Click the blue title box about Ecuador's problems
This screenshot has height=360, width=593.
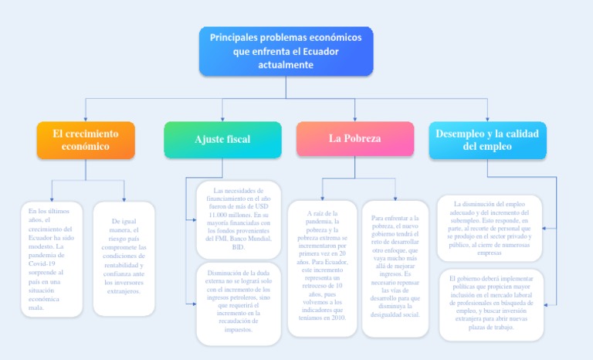(286, 51)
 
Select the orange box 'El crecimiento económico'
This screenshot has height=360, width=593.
(86, 140)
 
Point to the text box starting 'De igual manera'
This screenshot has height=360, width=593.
(124, 259)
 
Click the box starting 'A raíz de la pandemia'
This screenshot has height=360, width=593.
(323, 267)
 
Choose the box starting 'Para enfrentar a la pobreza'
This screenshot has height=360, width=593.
(395, 267)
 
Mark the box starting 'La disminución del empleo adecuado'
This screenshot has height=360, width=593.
(490, 227)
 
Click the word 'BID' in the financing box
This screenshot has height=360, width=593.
(238, 247)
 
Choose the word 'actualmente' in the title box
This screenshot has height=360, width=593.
(286, 65)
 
